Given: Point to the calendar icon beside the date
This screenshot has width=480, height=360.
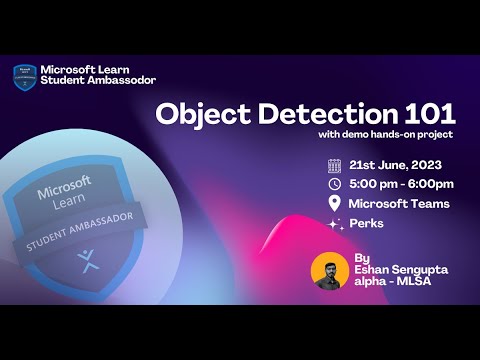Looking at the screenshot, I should coord(335,164).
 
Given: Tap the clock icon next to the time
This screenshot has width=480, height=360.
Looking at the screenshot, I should coord(335,184).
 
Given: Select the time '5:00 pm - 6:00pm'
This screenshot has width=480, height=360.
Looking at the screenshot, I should coord(401,184).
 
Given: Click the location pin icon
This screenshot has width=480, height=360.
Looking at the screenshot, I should coord(335,204).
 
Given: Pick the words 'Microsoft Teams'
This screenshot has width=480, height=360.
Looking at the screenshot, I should coord(399,204).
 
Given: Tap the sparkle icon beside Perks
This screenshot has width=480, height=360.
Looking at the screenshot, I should coord(335,224).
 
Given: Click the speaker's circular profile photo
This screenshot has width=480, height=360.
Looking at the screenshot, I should coord(330,271).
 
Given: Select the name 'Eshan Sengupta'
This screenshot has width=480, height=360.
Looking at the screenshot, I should coord(398,270).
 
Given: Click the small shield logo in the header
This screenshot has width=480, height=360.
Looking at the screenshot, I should coord(24,76).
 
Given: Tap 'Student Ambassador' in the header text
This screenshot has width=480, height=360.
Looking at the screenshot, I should coord(98,80).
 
